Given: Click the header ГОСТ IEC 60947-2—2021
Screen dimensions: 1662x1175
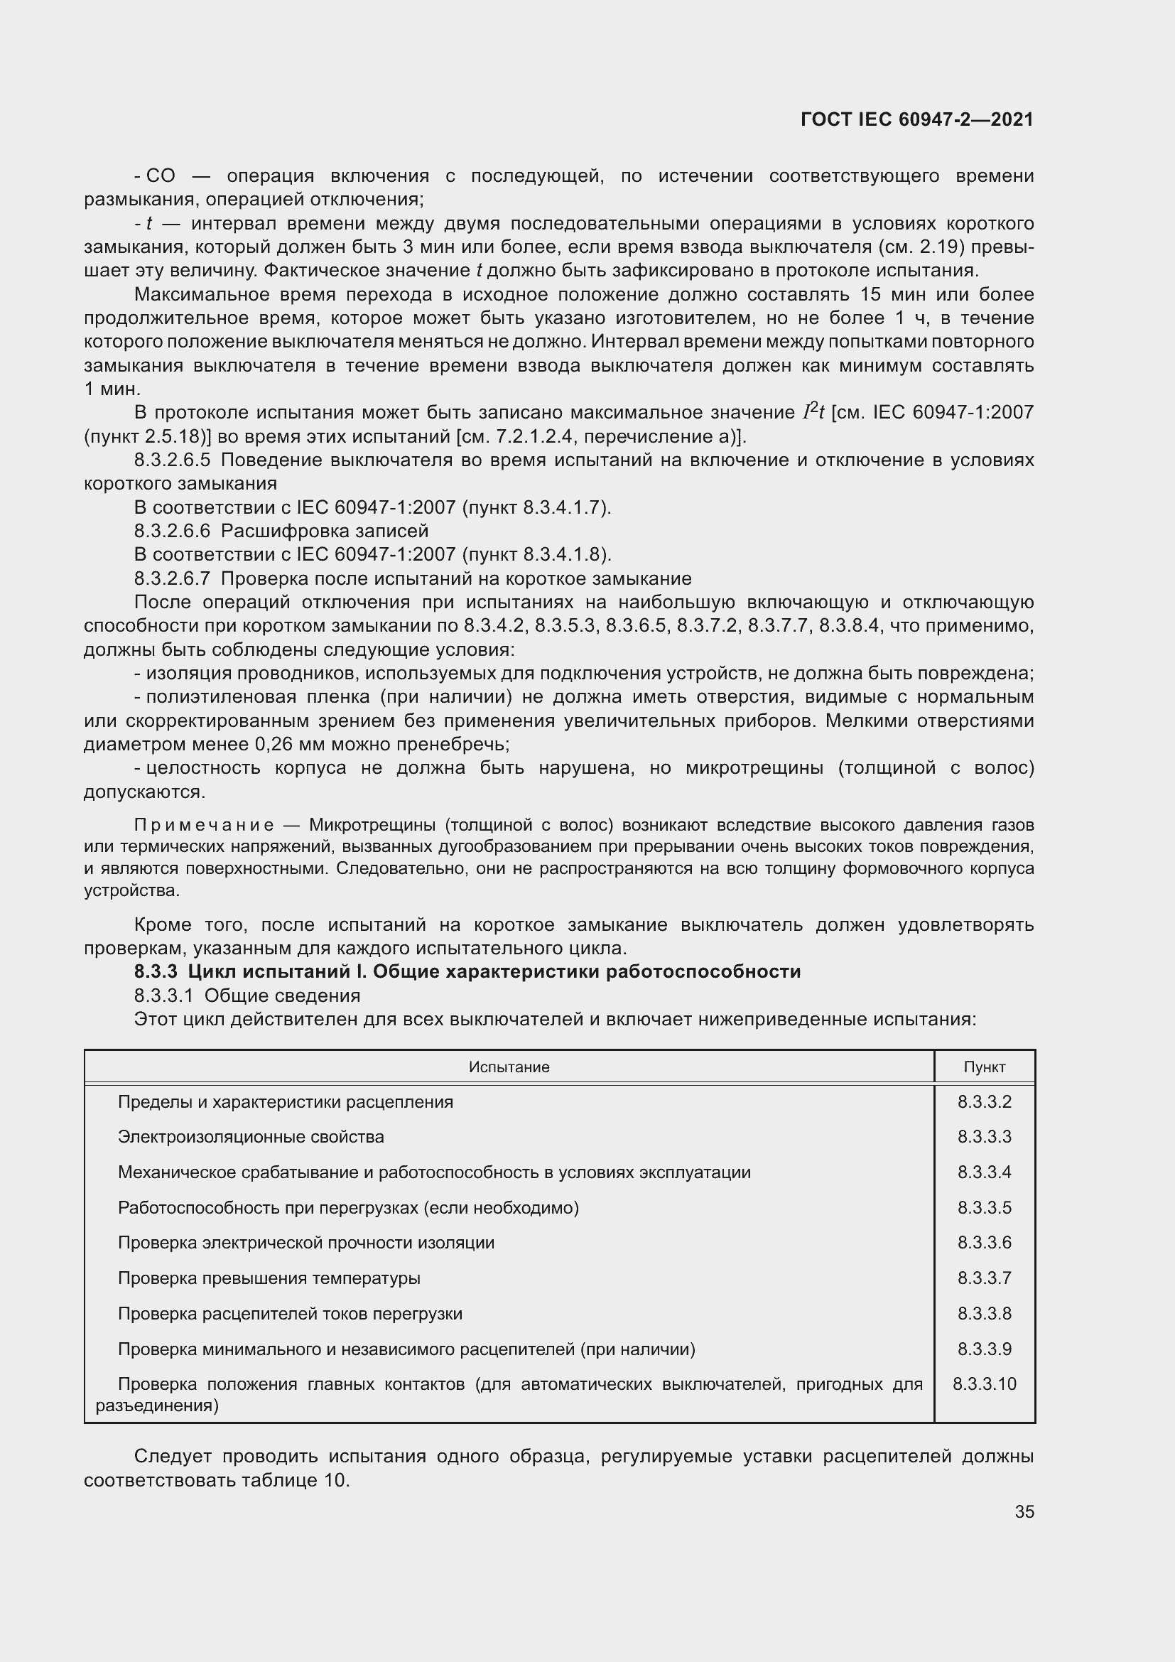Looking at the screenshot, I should tap(916, 119).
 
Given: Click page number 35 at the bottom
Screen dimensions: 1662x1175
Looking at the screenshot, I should tap(1024, 1511).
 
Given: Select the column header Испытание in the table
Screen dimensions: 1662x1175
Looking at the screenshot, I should tap(509, 1067).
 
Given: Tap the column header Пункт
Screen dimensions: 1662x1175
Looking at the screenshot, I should tap(984, 1067).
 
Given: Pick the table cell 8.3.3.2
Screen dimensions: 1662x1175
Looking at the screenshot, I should tap(984, 1102).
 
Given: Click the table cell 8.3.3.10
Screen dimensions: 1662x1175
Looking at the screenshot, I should tap(984, 1384).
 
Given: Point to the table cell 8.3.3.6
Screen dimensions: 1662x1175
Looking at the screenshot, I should tap(984, 1243).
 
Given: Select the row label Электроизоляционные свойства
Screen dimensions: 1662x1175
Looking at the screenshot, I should tap(250, 1137).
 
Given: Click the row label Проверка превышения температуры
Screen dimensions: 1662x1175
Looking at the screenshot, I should tap(269, 1278).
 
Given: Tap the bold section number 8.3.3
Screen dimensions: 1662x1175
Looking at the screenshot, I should tap(156, 971).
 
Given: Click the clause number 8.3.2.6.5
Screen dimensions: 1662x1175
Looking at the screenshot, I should tap(171, 460).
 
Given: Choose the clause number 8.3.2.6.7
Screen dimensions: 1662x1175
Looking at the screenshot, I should tap(171, 579).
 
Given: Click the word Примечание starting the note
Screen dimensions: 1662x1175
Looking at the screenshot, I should tap(204, 825).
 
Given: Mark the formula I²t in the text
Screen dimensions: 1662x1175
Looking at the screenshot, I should tap(814, 412).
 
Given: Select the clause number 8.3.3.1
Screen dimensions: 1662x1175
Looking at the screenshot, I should tap(163, 995).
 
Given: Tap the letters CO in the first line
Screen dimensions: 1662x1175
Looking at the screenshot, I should tap(161, 176).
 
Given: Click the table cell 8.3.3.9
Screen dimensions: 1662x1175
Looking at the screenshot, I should tap(984, 1349).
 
